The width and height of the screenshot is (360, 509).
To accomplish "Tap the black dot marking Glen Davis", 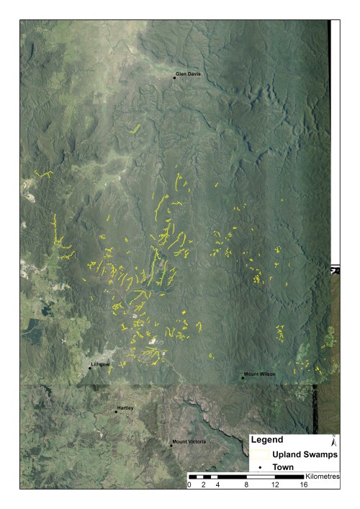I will (174, 77).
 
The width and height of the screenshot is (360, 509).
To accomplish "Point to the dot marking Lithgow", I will (90, 368).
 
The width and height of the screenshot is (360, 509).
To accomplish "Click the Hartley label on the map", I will (126, 409).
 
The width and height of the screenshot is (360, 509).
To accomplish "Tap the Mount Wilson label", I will (260, 374).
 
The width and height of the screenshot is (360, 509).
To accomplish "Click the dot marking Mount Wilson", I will (243, 377).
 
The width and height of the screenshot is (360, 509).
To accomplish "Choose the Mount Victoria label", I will (188, 441).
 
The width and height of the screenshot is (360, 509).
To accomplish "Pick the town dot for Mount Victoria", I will (171, 445).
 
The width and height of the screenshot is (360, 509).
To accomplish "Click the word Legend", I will (266, 439).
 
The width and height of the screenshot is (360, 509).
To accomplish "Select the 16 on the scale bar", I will (305, 486).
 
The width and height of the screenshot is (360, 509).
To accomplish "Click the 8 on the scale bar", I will (247, 486).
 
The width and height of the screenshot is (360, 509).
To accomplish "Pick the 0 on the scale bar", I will (189, 486).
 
